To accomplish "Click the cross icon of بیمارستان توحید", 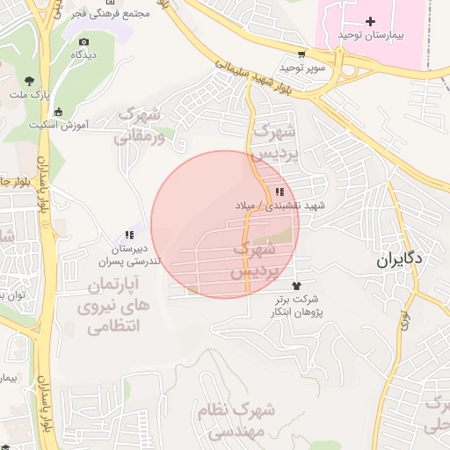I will tap(370, 21).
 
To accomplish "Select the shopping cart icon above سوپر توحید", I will tap(301, 54).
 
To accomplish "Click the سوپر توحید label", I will tap(302, 67).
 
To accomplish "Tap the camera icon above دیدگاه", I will tap(83, 41).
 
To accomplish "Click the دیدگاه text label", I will tap(83, 54).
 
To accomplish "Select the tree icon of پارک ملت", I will tap(31, 80).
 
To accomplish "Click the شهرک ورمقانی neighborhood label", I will tap(140, 125).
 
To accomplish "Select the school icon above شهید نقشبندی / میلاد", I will tap(279, 192).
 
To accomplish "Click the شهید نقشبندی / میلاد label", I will tap(279, 205).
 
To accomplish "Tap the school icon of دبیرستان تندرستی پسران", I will tap(129, 235).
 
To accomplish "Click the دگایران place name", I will tap(400, 259).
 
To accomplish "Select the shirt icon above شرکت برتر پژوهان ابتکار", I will tap(295, 286).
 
